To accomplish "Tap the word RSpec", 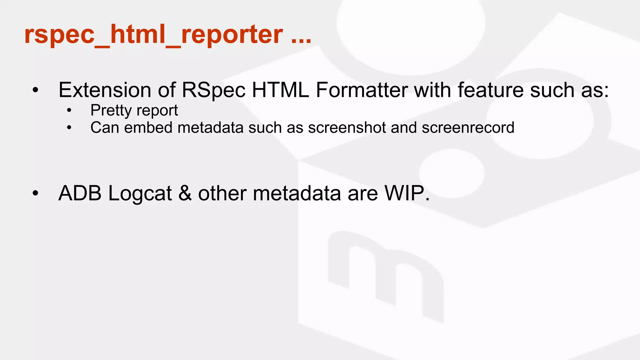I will point(214,90).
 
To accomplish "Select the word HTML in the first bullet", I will point(280,90).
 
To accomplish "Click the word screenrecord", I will point(468,127).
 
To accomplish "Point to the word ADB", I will point(80,193).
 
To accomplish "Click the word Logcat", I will point(140,194).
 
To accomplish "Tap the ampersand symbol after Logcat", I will point(185,193).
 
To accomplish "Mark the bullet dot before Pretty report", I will point(69,110).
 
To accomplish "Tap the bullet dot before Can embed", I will point(69,127).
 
